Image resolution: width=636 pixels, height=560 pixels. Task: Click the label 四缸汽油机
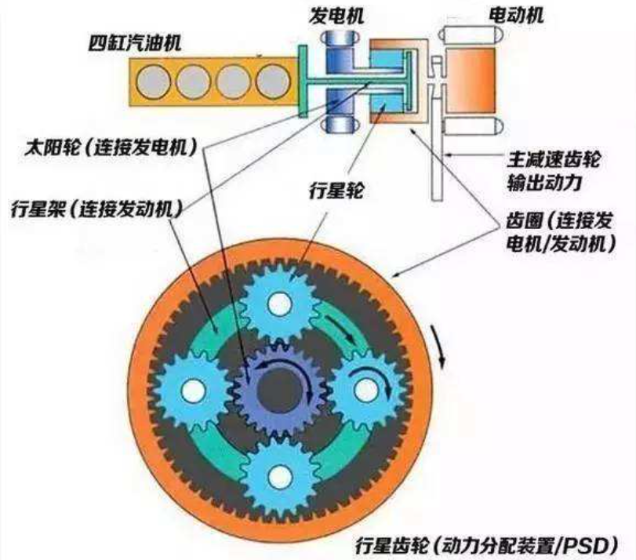[135, 43]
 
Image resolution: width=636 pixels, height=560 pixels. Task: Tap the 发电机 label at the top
[336, 16]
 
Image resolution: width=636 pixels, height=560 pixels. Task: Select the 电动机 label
[515, 16]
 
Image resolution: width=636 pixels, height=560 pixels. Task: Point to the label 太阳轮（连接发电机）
[111, 147]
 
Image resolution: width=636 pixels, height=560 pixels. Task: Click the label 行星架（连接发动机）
[97, 209]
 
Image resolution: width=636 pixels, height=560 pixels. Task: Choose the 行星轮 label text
[336, 190]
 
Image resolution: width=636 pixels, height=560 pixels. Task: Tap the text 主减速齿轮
[553, 159]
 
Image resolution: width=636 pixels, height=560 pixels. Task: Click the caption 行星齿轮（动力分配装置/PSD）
[487, 545]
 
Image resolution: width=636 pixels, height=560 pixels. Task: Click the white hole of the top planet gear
[280, 304]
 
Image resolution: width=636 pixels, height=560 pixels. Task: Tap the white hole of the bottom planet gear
[280, 476]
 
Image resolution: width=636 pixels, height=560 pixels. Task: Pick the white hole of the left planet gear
[194, 391]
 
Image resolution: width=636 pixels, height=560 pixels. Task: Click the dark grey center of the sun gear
[279, 390]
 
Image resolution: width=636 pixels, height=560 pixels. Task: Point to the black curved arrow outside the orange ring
[439, 346]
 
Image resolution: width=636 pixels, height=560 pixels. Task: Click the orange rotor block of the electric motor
[471, 81]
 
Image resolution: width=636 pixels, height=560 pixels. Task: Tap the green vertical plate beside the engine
[303, 81]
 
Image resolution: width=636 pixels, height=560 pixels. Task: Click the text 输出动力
[544, 183]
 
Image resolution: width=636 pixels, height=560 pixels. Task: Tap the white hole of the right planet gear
[366, 390]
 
